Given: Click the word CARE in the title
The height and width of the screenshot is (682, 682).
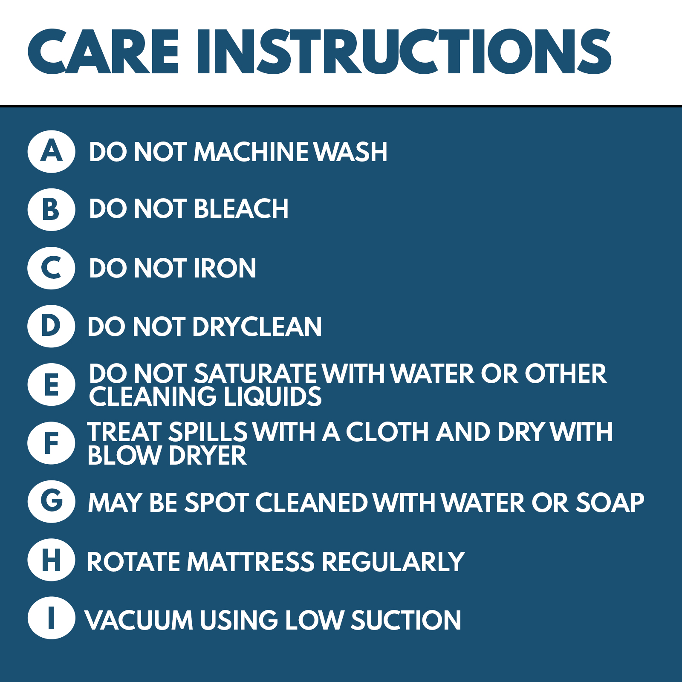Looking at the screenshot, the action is pos(103,52).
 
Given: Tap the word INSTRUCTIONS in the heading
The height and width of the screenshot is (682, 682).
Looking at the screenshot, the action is pos(404,52).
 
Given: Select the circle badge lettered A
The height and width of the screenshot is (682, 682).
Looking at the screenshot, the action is pos(52,151).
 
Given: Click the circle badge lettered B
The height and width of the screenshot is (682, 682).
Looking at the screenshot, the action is pos(52,210).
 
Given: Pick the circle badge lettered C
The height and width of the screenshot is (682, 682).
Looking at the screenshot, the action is pos(52,268).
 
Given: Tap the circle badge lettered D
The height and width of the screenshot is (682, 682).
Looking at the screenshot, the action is pos(52,326).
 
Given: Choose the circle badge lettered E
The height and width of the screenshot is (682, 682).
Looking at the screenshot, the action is pos(52,384).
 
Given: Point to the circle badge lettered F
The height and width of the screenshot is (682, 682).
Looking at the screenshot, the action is pos(52,443).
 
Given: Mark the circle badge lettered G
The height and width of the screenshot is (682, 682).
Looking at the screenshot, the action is pos(52,501).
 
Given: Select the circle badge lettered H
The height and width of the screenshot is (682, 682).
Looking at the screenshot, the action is pos(52,560).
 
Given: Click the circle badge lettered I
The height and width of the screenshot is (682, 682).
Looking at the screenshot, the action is pos(52,618).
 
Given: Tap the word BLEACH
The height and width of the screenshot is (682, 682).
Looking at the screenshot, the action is pos(241,209).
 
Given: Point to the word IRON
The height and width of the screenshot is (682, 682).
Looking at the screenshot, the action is pos(225,268).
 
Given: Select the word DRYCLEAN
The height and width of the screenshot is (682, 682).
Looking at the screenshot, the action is pos(257,327).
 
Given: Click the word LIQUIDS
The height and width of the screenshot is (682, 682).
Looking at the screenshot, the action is pos(272,396).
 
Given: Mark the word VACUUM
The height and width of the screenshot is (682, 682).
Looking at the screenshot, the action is pos(139,620).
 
